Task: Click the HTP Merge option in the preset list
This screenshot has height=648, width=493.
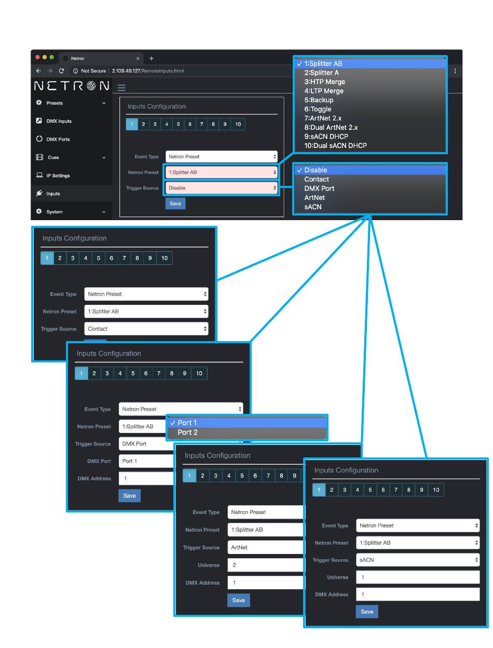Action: (324, 82)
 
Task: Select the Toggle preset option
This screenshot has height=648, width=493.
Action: (318, 109)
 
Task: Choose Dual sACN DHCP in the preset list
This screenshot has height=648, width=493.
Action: (335, 146)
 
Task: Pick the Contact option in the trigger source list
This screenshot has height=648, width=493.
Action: (316, 179)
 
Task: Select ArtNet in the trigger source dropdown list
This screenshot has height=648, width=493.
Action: (314, 198)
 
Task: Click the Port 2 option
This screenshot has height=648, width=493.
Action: (187, 433)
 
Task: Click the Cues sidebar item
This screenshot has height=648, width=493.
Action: (53, 157)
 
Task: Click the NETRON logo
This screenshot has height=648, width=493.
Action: (72, 86)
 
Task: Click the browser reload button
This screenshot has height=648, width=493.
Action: (61, 71)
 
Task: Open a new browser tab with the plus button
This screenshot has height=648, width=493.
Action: (152, 58)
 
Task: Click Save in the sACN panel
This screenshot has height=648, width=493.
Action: (367, 612)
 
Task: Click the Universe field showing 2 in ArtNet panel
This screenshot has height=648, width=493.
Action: (265, 565)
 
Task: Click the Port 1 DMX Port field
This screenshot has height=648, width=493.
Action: (145, 461)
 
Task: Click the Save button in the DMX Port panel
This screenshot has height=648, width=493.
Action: (130, 496)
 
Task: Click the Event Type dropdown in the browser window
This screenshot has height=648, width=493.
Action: (222, 156)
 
